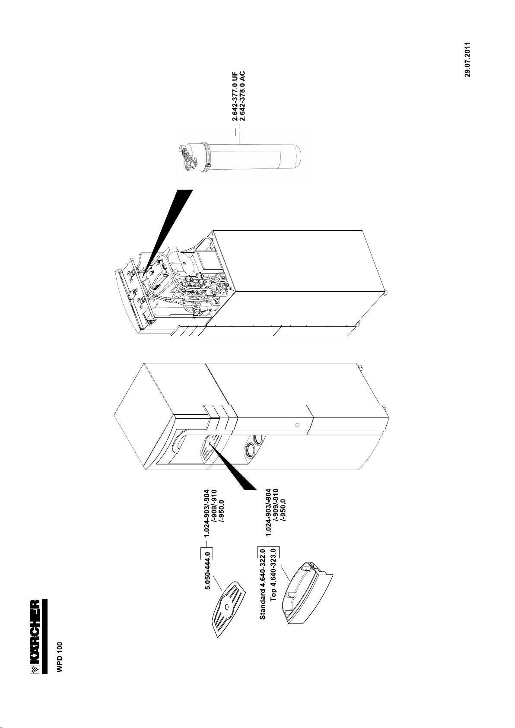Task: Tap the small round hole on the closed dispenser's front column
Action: [297, 424]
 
